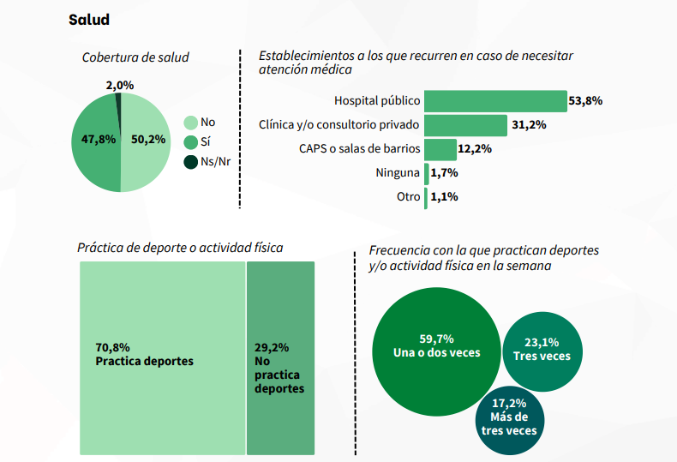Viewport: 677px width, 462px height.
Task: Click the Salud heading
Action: point(89,20)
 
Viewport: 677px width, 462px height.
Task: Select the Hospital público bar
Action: point(495,101)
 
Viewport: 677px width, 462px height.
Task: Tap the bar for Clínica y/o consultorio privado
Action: point(465,125)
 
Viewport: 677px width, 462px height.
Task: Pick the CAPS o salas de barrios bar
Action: point(440,149)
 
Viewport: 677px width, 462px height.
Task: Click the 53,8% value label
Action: point(585,101)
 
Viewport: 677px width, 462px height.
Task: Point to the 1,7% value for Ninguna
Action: point(444,173)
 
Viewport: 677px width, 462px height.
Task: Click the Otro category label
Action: point(408,197)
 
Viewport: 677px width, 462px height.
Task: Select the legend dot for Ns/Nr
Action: point(190,162)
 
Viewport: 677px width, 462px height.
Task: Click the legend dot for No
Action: point(190,123)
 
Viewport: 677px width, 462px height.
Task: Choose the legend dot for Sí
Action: point(190,142)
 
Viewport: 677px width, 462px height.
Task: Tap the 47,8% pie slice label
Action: point(98,140)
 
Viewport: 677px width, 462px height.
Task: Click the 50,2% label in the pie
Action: point(148,140)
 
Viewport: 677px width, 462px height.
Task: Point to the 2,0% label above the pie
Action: point(120,86)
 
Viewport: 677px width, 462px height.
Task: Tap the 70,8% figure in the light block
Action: point(112,348)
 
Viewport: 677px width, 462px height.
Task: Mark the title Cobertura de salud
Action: point(135,57)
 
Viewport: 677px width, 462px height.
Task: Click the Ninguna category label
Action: point(398,173)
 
